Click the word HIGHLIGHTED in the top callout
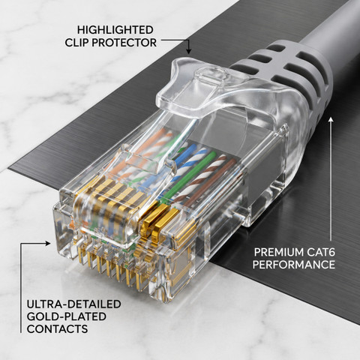(115, 30)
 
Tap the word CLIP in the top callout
(76, 43)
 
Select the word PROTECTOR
(124, 43)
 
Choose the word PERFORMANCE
(294, 265)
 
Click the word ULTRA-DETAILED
(74, 304)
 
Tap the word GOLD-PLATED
(67, 316)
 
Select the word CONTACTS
(58, 328)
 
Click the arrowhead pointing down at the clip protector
(189, 51)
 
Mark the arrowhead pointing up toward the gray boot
(331, 120)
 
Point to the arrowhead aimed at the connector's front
(48, 243)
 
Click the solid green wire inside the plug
(190, 177)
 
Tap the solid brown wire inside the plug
(211, 182)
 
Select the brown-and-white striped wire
(200, 178)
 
